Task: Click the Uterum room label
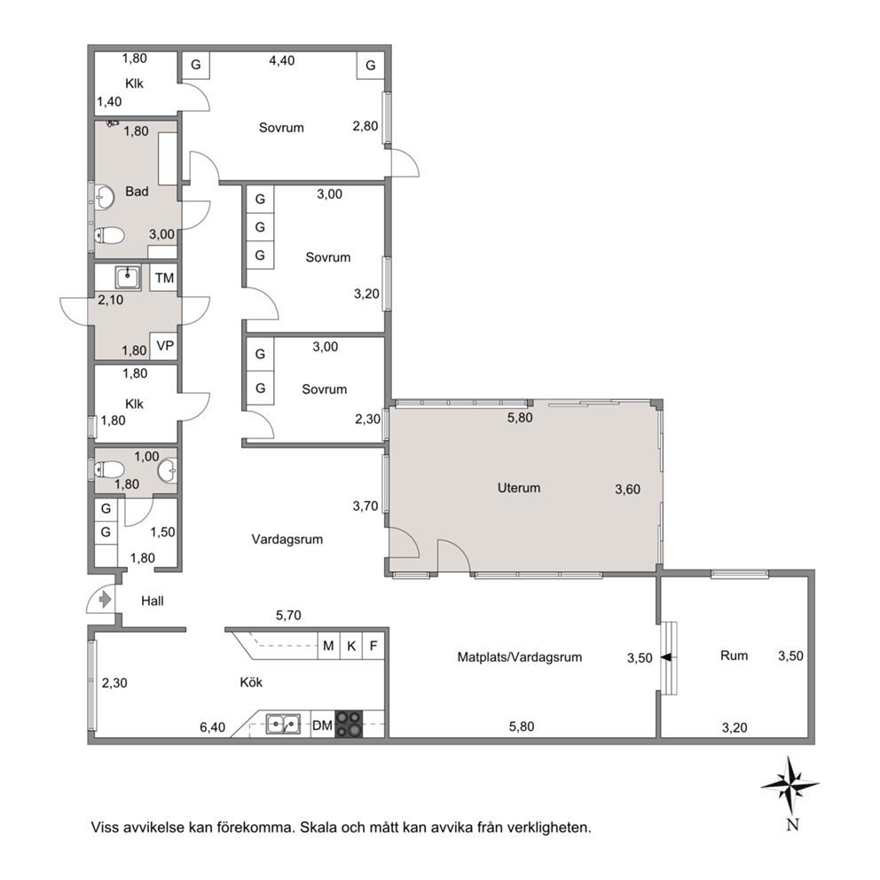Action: click(519, 488)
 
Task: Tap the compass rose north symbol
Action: click(790, 785)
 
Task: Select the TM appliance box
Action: click(164, 278)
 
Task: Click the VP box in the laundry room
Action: click(164, 346)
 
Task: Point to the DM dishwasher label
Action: click(322, 726)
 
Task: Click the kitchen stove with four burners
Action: click(349, 724)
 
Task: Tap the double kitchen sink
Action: click(283, 724)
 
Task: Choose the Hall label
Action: click(152, 601)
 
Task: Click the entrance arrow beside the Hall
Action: click(105, 600)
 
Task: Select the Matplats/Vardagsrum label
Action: click(519, 657)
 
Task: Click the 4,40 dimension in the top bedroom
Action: click(282, 60)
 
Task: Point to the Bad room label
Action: click(137, 192)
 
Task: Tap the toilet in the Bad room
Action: click(109, 236)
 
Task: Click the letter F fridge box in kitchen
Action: click(373, 646)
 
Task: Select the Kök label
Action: click(251, 682)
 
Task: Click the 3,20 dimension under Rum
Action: click(735, 728)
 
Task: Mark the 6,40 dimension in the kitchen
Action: click(212, 728)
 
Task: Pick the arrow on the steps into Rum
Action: click(666, 657)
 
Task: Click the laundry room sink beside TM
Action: click(128, 278)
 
